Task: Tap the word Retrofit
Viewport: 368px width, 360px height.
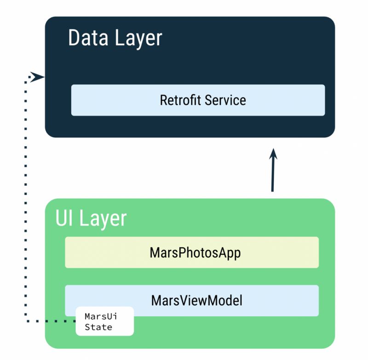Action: (x=180, y=100)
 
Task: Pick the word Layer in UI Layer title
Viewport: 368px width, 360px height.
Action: (x=103, y=218)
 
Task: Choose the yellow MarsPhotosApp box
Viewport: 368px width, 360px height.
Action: (x=276, y=252)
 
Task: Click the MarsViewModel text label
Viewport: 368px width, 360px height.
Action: (x=196, y=301)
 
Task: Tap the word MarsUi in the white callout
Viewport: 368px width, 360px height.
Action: (x=98, y=317)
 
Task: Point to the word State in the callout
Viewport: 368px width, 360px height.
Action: (x=98, y=327)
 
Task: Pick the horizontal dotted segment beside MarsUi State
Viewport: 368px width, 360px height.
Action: (x=51, y=321)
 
